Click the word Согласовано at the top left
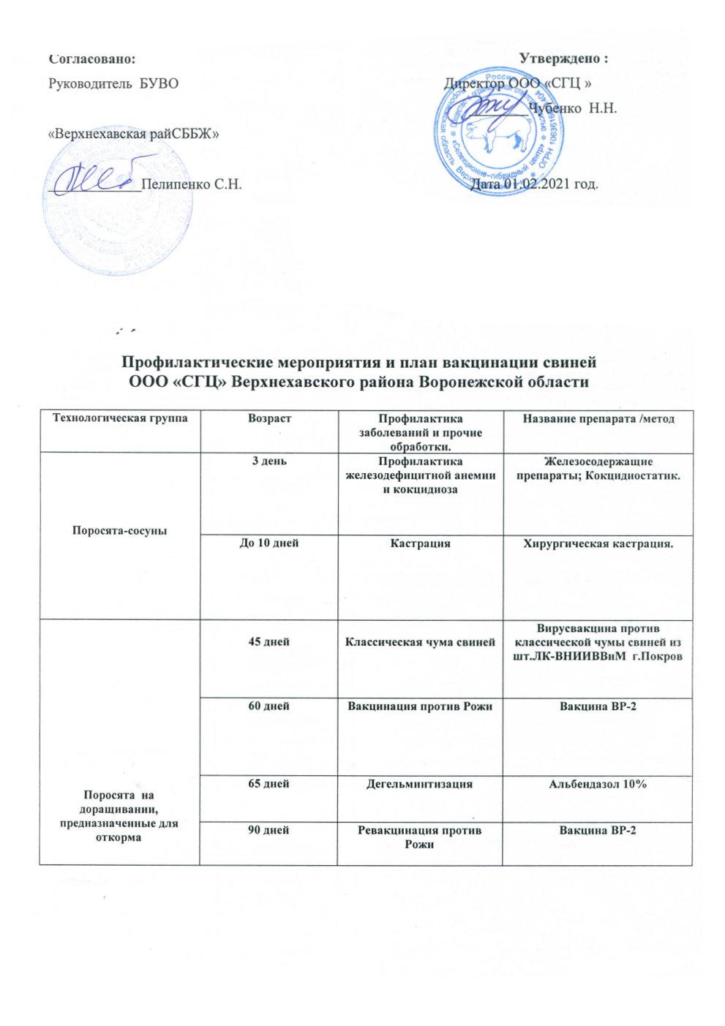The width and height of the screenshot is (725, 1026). pos(91,58)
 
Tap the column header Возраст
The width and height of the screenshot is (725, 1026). pos(269,418)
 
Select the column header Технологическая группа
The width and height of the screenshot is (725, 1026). pos(119,418)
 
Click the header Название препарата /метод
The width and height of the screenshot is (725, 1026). pos(598,419)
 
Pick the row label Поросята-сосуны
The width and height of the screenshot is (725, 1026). pos(119,530)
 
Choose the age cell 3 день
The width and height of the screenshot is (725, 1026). pos(269,462)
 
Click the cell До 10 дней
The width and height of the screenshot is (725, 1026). pos(269,543)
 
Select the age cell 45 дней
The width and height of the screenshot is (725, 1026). pos(269,642)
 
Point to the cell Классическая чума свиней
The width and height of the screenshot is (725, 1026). pos(420,642)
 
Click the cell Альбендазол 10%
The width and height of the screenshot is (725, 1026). pos(598,784)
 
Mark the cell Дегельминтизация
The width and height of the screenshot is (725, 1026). pos(420,784)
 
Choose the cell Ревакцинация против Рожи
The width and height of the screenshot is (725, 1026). pos(420,837)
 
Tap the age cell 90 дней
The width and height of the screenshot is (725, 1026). pos(269,831)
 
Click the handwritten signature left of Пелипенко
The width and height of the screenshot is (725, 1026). pos(95,175)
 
